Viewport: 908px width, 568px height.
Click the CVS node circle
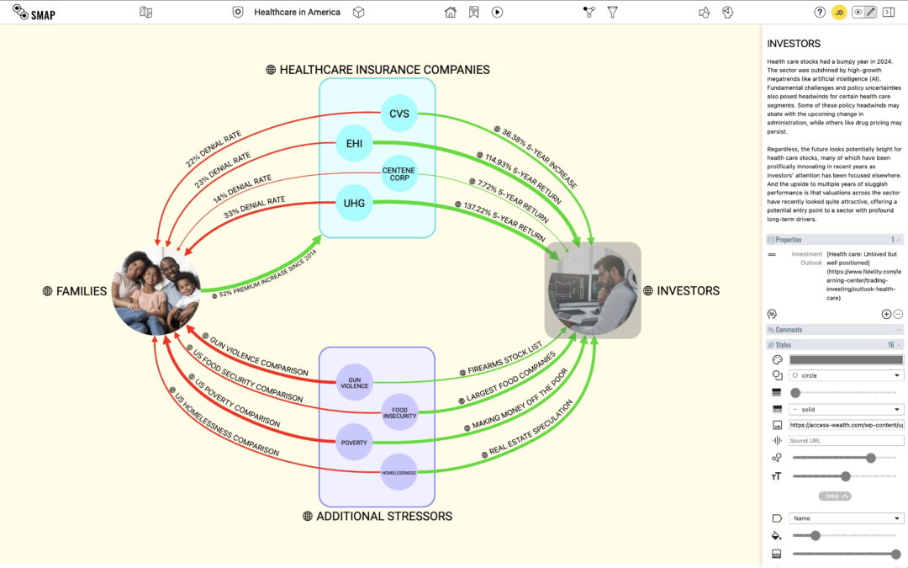[x=399, y=114]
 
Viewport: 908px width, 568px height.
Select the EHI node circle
[x=354, y=142]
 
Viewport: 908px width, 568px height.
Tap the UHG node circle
[x=354, y=203]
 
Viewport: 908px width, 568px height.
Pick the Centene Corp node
[x=399, y=173]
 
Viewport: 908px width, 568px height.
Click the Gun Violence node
[x=354, y=382]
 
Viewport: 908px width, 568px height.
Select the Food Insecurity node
[x=399, y=411]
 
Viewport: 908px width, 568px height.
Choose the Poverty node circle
[x=354, y=442]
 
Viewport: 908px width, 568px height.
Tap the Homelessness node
[x=399, y=472]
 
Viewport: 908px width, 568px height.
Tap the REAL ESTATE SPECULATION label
[x=531, y=430]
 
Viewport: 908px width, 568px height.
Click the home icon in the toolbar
[x=451, y=12]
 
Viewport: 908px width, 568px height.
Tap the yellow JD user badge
[x=839, y=12]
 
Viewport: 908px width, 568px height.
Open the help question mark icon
[x=820, y=12]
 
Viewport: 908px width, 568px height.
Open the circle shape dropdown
[x=846, y=375]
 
